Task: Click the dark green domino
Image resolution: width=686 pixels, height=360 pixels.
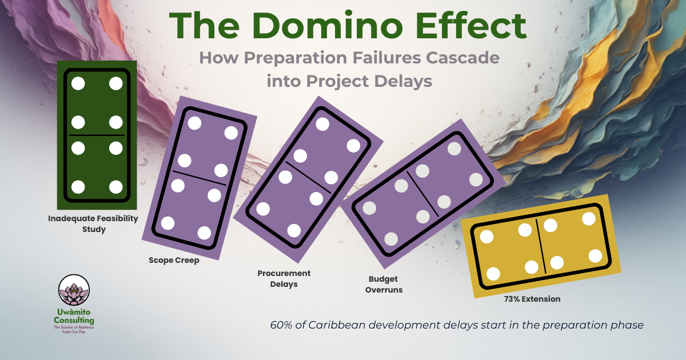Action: (x=97, y=135)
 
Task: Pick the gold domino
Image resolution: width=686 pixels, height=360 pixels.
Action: (x=540, y=246)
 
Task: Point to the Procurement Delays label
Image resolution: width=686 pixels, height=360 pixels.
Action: (x=284, y=279)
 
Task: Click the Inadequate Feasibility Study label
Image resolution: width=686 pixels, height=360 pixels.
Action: (x=93, y=223)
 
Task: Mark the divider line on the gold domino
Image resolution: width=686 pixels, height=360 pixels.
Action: (x=540, y=246)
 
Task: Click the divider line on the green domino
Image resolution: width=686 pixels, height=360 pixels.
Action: (x=97, y=135)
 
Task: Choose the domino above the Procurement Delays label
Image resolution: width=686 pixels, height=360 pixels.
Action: (x=308, y=178)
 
